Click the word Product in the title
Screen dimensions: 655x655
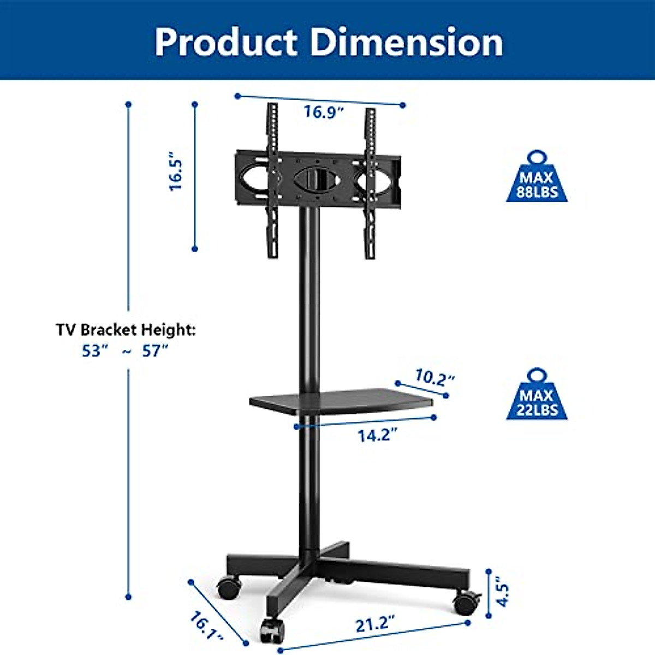pyautogui.click(x=225, y=42)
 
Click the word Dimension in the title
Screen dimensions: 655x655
pyautogui.click(x=407, y=42)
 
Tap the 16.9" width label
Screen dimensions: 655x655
pyautogui.click(x=324, y=112)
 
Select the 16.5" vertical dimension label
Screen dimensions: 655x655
pyautogui.click(x=176, y=171)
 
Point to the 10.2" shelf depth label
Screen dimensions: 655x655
pyautogui.click(x=434, y=377)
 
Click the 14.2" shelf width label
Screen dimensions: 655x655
pyautogui.click(x=377, y=436)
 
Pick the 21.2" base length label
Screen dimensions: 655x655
pyautogui.click(x=375, y=623)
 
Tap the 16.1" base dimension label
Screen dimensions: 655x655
pyautogui.click(x=206, y=626)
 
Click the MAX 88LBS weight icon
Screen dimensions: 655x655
pyautogui.click(x=537, y=178)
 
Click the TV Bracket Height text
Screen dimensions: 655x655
pyautogui.click(x=126, y=330)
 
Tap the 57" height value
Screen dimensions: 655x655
pyautogui.click(x=154, y=351)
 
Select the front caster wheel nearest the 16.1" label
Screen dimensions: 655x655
pyautogui.click(x=271, y=630)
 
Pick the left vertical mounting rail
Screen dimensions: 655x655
pyautogui.click(x=272, y=180)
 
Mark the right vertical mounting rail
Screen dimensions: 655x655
pyautogui.click(x=371, y=183)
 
